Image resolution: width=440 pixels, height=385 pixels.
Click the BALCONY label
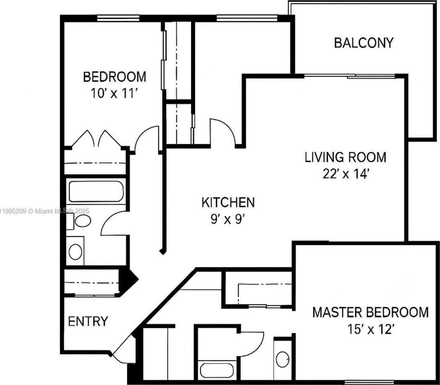(364, 43)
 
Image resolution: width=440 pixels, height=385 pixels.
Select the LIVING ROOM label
(346, 157)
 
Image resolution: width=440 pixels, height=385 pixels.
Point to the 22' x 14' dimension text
(346, 174)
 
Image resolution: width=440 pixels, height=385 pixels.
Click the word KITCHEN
(228, 202)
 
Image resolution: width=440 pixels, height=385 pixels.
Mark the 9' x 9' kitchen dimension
(228, 219)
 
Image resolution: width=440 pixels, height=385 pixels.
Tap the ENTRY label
(88, 321)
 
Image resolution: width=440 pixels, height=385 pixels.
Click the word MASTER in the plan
(338, 312)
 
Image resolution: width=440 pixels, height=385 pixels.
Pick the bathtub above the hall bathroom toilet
(96, 192)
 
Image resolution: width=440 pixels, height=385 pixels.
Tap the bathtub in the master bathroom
(217, 371)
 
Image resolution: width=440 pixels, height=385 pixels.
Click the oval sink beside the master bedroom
(283, 359)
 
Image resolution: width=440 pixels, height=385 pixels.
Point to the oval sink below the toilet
(75, 252)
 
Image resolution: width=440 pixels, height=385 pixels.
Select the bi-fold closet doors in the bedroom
(96, 139)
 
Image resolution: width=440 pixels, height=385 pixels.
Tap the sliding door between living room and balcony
(350, 76)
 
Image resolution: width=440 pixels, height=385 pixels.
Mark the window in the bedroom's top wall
(118, 18)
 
